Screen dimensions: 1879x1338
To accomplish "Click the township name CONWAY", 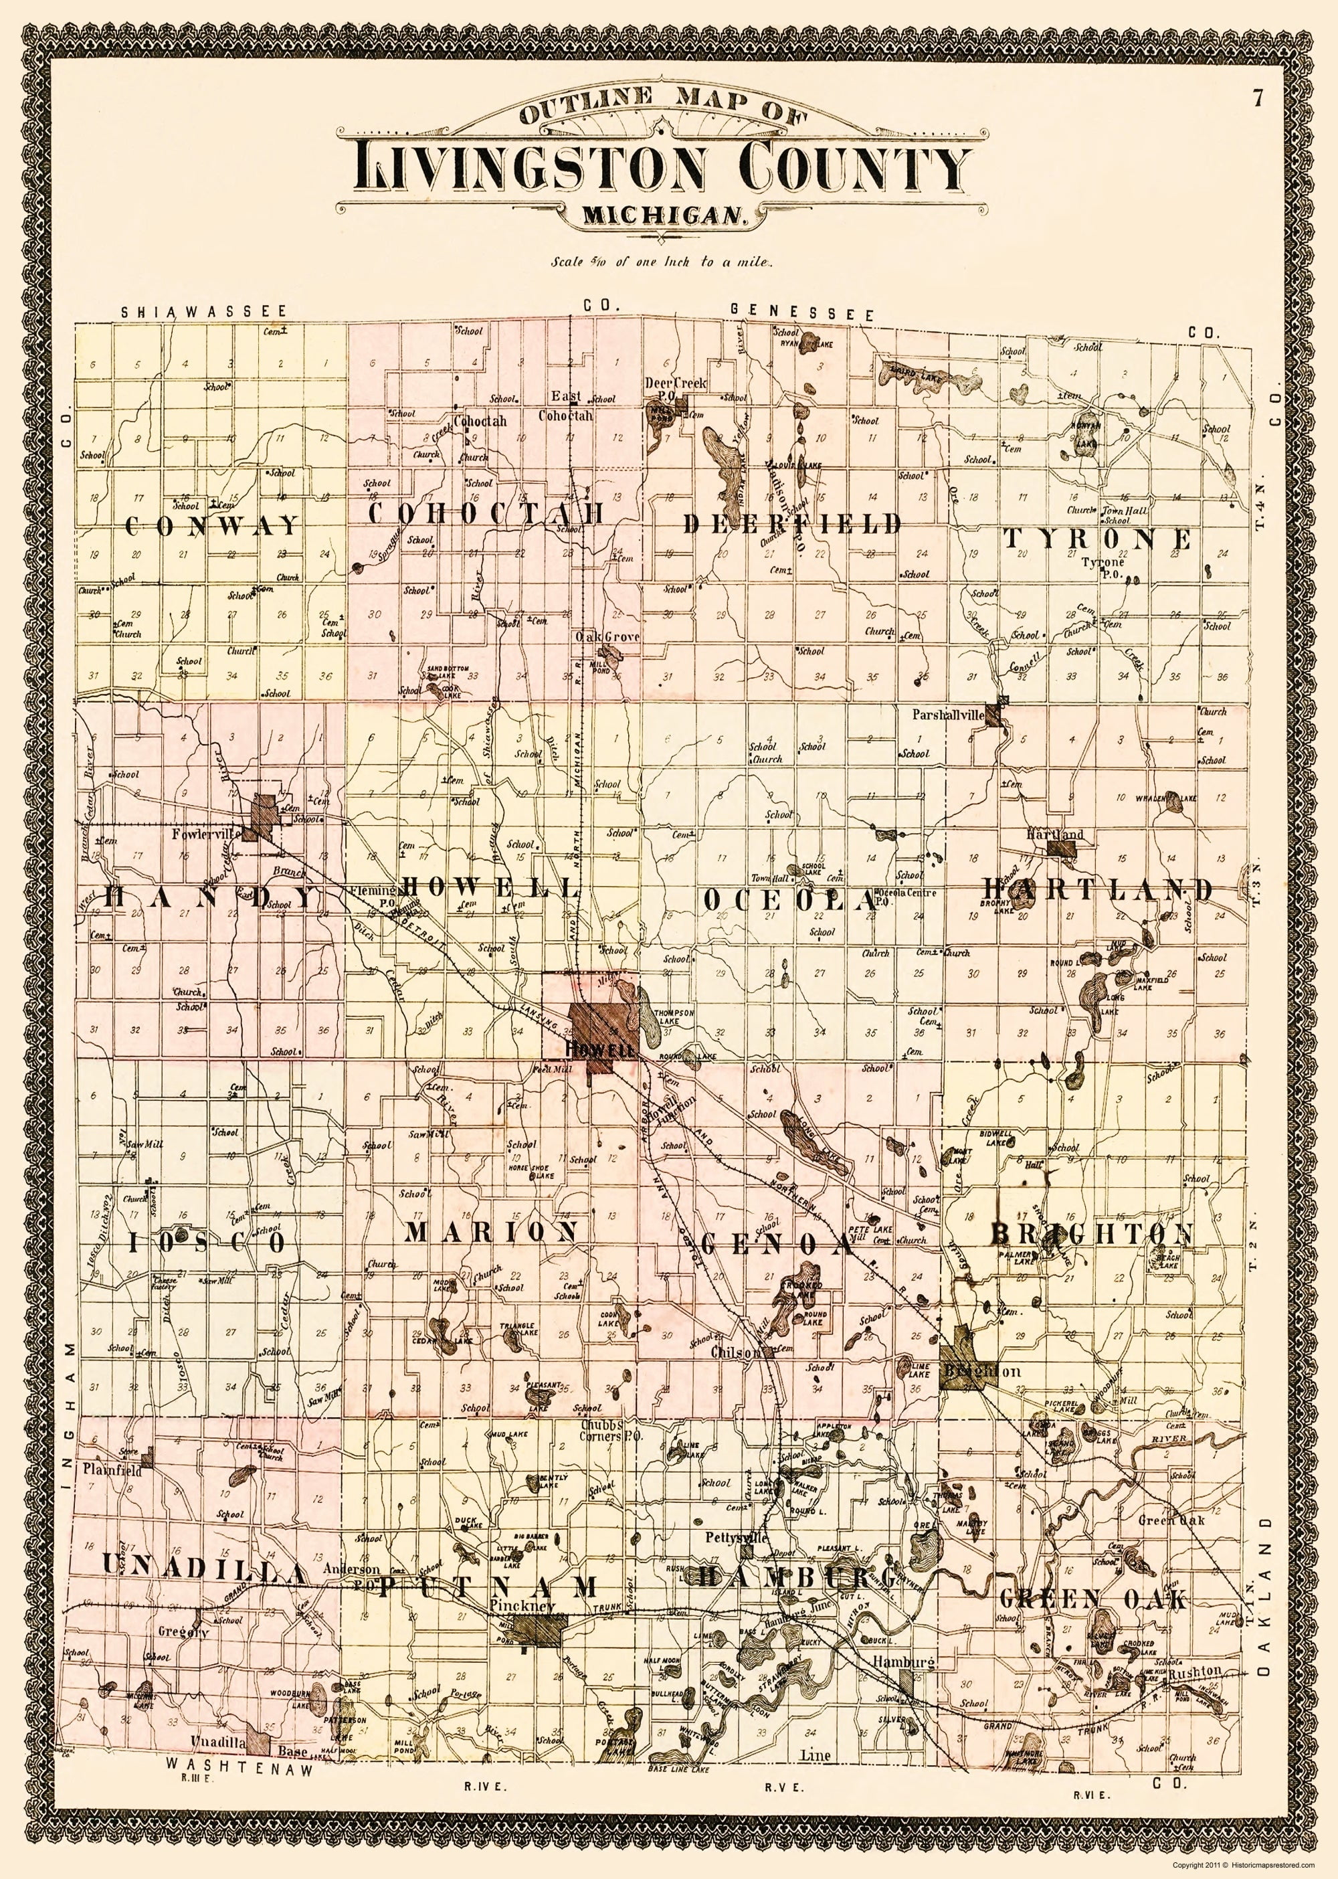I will click(x=213, y=525).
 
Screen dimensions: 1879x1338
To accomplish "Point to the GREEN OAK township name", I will click(x=1094, y=1022).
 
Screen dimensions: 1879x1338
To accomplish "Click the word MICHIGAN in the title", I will click(x=663, y=216).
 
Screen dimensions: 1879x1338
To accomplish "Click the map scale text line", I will click(x=662, y=264).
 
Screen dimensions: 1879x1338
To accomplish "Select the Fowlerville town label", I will click(x=207, y=833).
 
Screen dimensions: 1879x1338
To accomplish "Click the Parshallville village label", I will click(x=947, y=715).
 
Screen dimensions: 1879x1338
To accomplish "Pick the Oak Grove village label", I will click(x=608, y=637).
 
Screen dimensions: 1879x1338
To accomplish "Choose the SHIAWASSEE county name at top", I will click(x=203, y=312).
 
